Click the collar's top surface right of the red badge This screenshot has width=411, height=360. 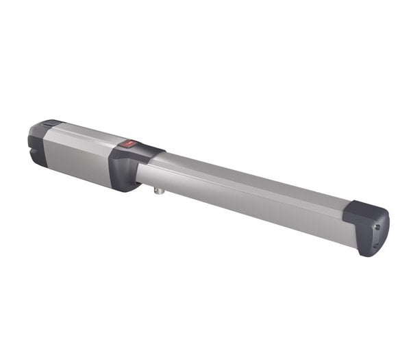tap(147, 150)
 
